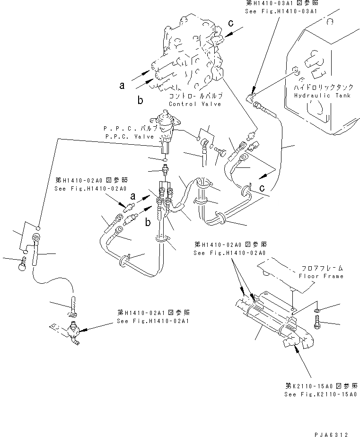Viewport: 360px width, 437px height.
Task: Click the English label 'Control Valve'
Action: pyautogui.click(x=195, y=104)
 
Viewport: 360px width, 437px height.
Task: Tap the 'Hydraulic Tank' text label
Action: pyautogui.click(x=322, y=95)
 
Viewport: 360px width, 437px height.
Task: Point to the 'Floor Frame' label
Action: pyautogui.click(x=321, y=276)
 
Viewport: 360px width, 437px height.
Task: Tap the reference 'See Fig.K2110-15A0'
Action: pyautogui.click(x=321, y=394)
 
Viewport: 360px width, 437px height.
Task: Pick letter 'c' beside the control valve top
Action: pyautogui.click(x=231, y=23)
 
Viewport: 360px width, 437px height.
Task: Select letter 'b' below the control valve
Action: pyautogui.click(x=140, y=100)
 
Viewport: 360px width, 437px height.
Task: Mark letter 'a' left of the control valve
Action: pyautogui.click(x=122, y=85)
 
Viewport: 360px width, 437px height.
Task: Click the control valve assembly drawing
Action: pyautogui.click(x=189, y=57)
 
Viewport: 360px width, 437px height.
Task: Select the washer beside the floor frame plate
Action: pyautogui.click(x=316, y=311)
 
